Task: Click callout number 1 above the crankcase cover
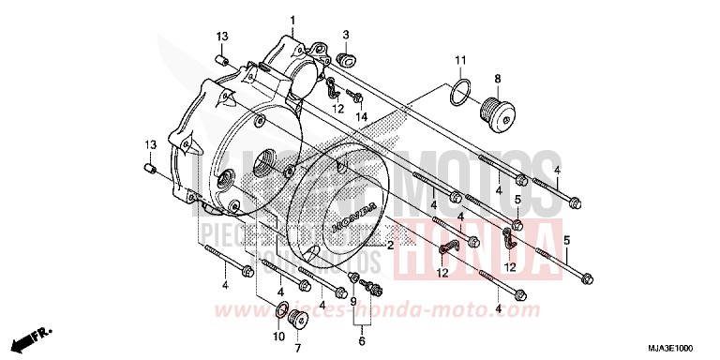(292, 21)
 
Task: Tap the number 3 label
(345, 35)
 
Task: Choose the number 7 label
(298, 349)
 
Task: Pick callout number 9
(353, 302)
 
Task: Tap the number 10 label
(278, 337)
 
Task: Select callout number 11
(460, 62)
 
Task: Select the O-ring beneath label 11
(457, 95)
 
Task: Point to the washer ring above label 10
(281, 309)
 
